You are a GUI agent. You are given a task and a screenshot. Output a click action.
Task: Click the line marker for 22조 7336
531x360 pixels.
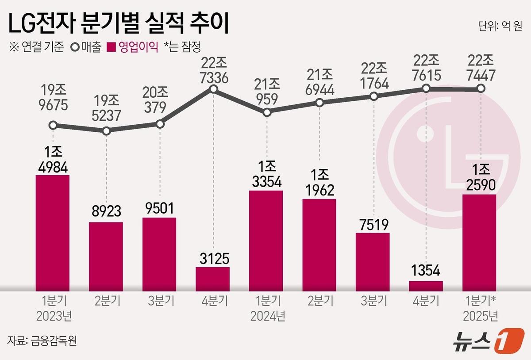coord(213,89)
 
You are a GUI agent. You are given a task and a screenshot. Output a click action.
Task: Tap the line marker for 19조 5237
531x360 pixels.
coord(106,131)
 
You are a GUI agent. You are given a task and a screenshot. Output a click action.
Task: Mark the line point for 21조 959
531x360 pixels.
coord(266,113)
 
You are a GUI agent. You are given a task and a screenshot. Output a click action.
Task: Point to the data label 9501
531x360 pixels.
coord(159,208)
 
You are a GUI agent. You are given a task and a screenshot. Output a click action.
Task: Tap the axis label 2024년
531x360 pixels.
coord(267,317)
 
